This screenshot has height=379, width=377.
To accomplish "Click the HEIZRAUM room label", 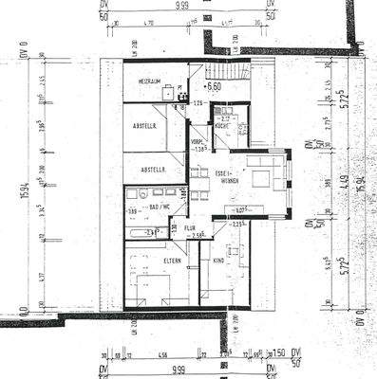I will [154, 82].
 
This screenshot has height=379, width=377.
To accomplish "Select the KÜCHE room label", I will [220, 125].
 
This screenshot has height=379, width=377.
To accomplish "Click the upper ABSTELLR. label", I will [148, 123].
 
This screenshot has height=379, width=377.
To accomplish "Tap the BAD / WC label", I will [160, 205].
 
